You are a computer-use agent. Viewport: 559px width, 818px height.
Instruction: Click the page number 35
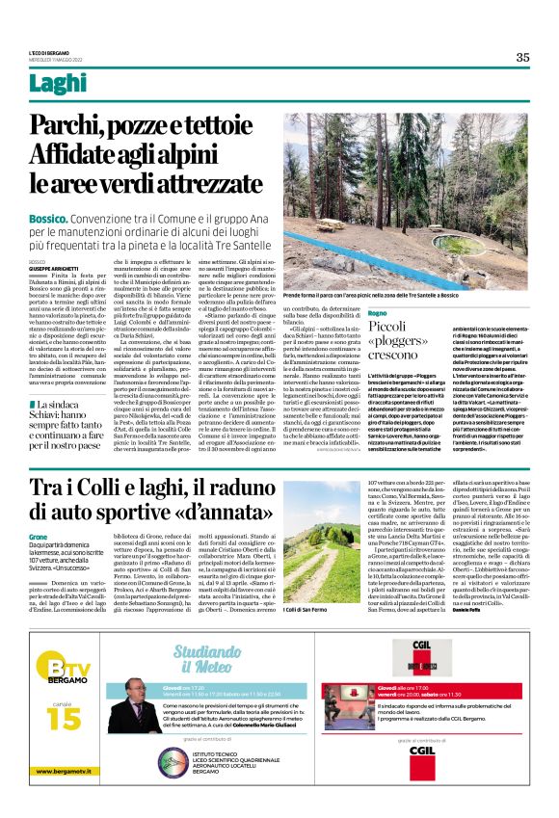pos(522,57)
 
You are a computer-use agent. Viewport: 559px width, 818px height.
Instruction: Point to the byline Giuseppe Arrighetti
pos(50,267)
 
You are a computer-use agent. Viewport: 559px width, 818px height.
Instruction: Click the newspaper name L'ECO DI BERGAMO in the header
pos(48,50)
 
